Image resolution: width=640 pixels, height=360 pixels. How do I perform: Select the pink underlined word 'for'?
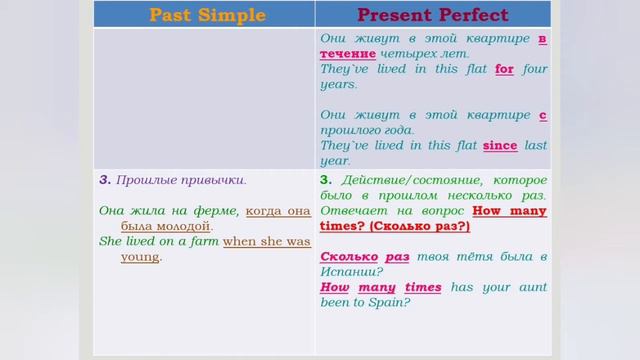pos(503,70)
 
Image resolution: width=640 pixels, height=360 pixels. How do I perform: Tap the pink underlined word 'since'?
pos(500,146)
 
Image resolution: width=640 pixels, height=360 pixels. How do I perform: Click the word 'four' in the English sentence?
pos(535,70)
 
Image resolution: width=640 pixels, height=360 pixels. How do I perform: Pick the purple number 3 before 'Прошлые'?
pos(104,180)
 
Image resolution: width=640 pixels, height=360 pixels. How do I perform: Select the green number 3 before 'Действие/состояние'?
pos(325,180)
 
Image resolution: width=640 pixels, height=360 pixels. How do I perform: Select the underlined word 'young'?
pos(140,257)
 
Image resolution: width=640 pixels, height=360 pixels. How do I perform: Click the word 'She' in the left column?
pos(110,242)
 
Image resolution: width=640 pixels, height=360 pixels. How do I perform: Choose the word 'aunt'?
pos(529,288)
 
